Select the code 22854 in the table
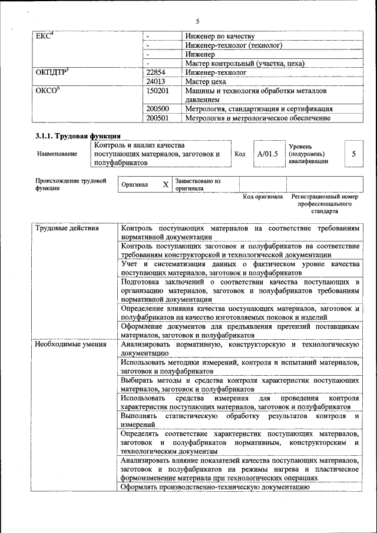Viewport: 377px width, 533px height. pyautogui.click(x=157, y=72)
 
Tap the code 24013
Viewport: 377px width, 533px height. pyautogui.click(x=157, y=81)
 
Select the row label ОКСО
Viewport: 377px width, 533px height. pyautogui.click(x=48, y=91)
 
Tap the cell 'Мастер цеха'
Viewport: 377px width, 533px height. pyautogui.click(x=206, y=81)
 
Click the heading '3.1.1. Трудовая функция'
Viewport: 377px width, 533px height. pyautogui.click(x=78, y=136)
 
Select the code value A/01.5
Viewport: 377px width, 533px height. pyautogui.click(x=267, y=154)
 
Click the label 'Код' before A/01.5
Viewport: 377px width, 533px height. pyautogui.click(x=240, y=154)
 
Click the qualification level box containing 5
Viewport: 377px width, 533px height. pyautogui.click(x=353, y=154)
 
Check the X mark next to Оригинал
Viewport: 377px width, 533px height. pyautogui.click(x=166, y=185)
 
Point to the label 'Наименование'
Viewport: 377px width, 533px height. pyautogui.click(x=57, y=154)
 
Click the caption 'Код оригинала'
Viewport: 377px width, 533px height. pyautogui.click(x=263, y=197)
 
